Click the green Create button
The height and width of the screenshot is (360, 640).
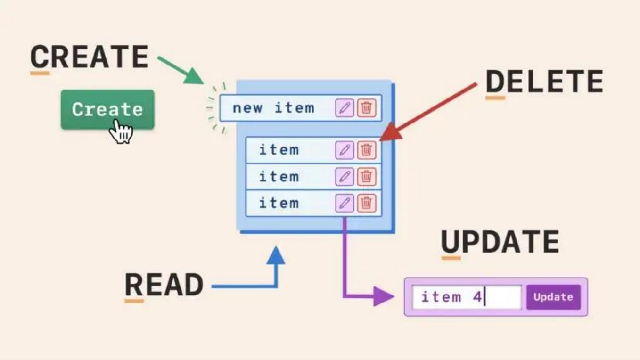pyautogui.click(x=107, y=109)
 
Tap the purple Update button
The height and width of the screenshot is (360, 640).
pyautogui.click(x=553, y=297)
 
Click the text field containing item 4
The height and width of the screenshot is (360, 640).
pyautogui.click(x=467, y=297)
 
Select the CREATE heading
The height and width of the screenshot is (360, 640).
pyautogui.click(x=90, y=57)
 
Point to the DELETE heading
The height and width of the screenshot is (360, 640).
pyautogui.click(x=544, y=82)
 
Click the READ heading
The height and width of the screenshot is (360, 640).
pyautogui.click(x=164, y=285)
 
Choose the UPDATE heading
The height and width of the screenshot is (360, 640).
pyautogui.click(x=500, y=242)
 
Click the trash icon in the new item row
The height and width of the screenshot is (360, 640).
pyautogui.click(x=367, y=108)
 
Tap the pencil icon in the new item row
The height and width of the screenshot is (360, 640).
pyautogui.click(x=345, y=108)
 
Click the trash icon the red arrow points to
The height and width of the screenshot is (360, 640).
pyautogui.click(x=367, y=150)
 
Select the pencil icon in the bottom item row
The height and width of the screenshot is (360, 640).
pyautogui.click(x=345, y=203)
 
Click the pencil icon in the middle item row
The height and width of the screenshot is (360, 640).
pyautogui.click(x=345, y=177)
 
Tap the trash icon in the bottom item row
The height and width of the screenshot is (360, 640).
pyautogui.click(x=367, y=203)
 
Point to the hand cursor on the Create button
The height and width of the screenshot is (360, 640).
pyautogui.click(x=121, y=131)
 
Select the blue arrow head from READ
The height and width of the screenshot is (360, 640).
pyautogui.click(x=276, y=255)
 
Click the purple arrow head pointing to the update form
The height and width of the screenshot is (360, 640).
pyautogui.click(x=384, y=297)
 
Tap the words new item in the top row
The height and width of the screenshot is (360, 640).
pyautogui.click(x=273, y=108)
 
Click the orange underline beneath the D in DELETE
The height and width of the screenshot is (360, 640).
pyautogui.click(x=495, y=98)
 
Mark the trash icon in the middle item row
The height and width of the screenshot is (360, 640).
pyautogui.click(x=367, y=177)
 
